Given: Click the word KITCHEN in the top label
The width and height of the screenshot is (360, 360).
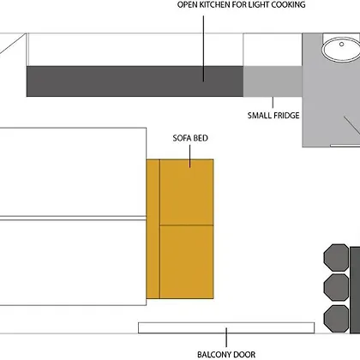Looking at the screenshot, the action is [x=214, y=4].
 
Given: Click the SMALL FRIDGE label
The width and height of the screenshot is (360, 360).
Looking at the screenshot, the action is [x=273, y=116].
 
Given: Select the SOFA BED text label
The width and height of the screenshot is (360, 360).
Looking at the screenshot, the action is [x=190, y=138].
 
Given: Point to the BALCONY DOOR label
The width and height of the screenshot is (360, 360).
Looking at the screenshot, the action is [x=226, y=355].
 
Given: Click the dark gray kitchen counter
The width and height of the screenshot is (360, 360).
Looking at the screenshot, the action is [x=135, y=81].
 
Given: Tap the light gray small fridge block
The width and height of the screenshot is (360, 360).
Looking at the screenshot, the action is [x=273, y=81].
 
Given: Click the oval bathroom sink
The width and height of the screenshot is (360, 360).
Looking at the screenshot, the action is [x=341, y=50].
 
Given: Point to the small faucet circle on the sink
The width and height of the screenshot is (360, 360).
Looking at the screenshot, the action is [x=341, y=45].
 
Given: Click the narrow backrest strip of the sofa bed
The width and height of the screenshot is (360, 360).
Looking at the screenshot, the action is [x=153, y=229].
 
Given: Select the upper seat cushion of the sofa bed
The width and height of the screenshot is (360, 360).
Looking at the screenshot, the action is [x=187, y=192].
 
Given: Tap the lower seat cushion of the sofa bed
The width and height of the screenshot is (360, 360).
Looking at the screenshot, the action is [x=187, y=262].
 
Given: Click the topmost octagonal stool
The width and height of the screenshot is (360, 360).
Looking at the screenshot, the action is [x=337, y=257].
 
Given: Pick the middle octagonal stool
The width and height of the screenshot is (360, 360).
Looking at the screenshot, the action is [x=337, y=288].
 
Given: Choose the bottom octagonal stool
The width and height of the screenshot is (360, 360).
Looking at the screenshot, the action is [x=337, y=319].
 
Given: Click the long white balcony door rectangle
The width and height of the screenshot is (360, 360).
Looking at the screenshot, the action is [x=226, y=327].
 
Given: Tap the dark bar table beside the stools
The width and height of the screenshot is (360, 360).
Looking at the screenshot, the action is [x=355, y=290].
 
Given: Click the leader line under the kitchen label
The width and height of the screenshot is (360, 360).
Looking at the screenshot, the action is [x=203, y=49].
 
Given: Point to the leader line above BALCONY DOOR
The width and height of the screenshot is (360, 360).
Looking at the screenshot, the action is [x=226, y=338].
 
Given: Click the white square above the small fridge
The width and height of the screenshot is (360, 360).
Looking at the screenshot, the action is [x=273, y=50].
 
